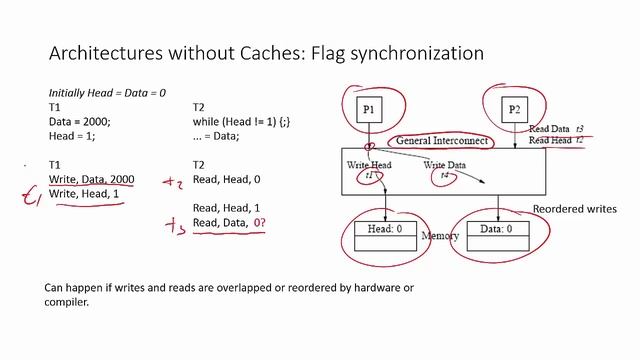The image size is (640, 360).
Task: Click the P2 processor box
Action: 514,108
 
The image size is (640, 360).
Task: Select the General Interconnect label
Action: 441,141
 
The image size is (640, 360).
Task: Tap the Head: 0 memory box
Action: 385,230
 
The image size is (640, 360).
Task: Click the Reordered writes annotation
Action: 575,209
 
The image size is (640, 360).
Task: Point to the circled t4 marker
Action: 445,175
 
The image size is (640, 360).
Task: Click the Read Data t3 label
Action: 556,129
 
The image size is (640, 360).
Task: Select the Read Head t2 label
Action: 556,141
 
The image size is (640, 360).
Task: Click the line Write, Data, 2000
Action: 91,179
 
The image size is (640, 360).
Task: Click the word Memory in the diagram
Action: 440,238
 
